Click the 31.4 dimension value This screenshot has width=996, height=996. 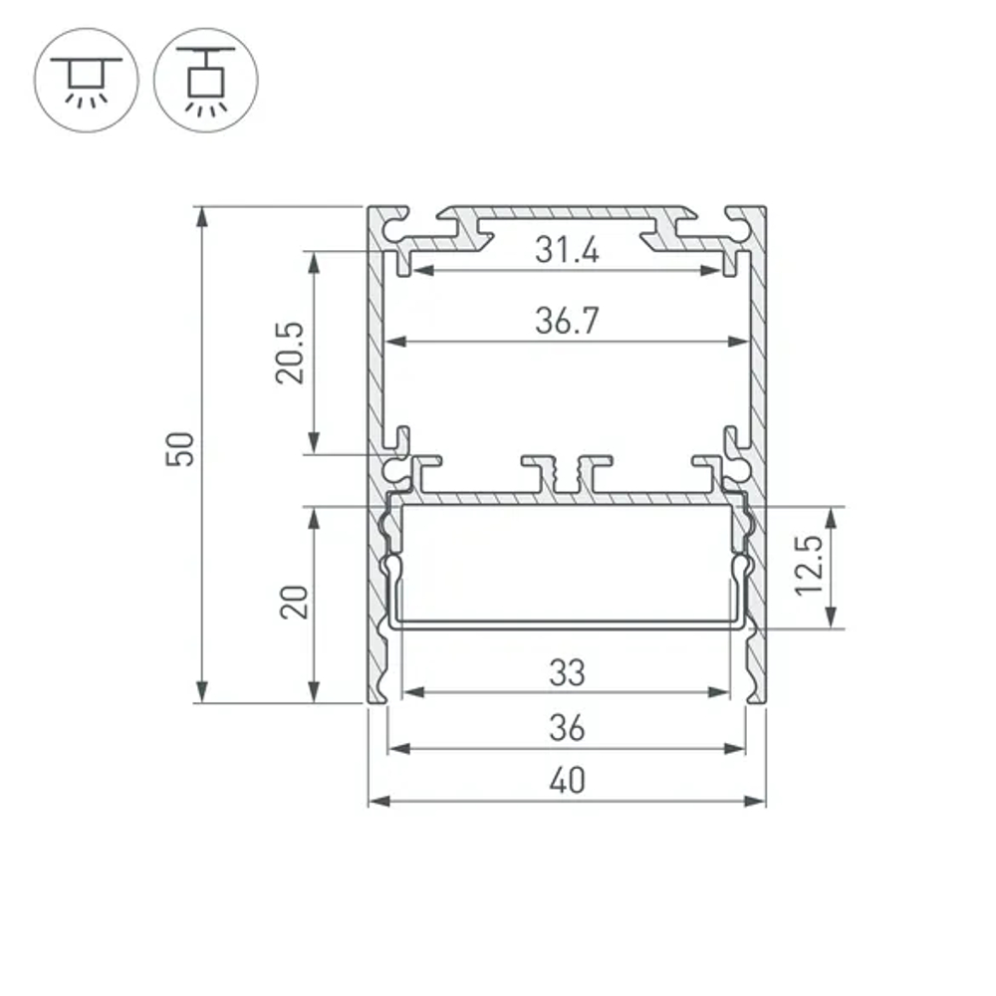pos(567,250)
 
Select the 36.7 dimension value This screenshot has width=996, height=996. pos(567,322)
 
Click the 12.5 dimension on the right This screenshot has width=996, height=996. pos(809,566)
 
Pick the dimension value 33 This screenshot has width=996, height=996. pos(567,674)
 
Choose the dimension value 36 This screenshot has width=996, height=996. pos(567,729)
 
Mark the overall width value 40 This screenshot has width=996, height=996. pos(567,783)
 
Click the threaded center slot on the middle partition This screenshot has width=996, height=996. pos(567,477)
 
